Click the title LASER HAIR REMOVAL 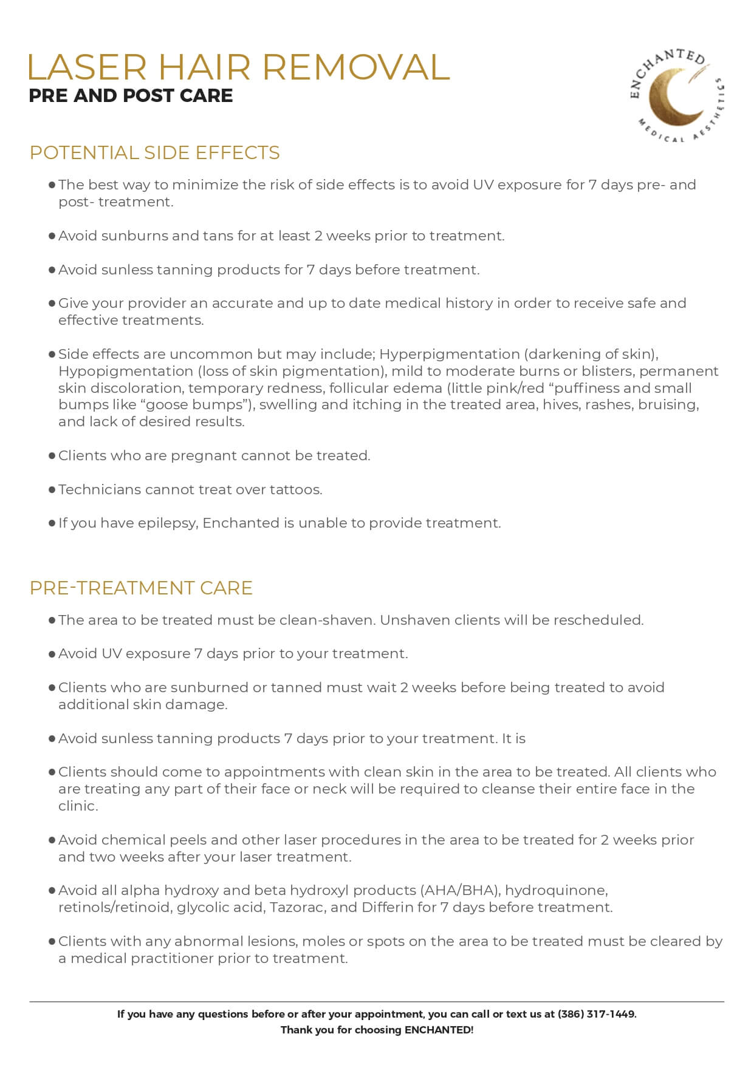[x=238, y=67]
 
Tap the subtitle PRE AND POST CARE [x=131, y=96]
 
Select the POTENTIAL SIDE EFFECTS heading [x=154, y=152]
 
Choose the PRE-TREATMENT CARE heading [x=141, y=588]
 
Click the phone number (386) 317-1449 [x=596, y=1014]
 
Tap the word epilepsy [x=168, y=523]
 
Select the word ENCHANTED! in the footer [x=439, y=1030]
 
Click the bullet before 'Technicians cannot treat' [x=52, y=489]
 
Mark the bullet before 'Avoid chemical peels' [x=52, y=840]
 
